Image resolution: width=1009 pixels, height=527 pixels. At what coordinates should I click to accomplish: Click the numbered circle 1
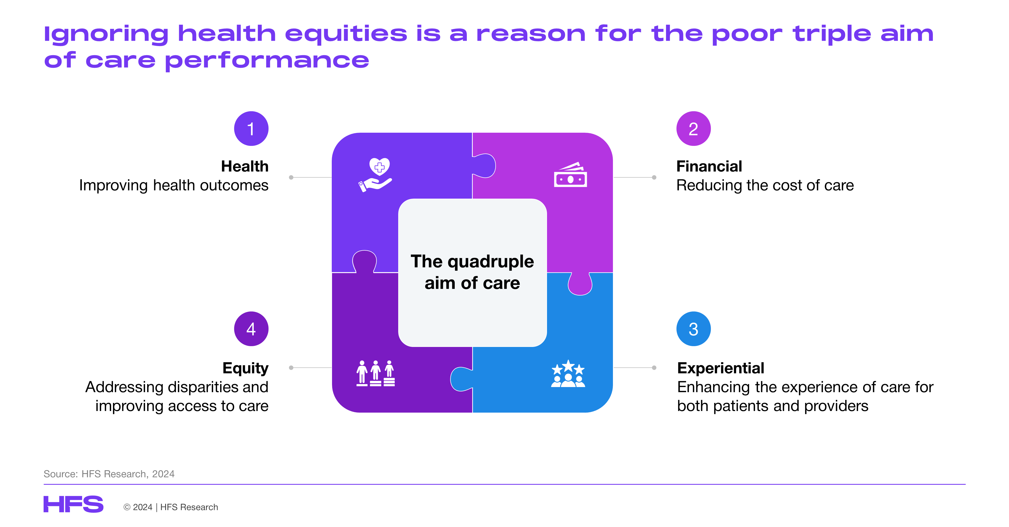coord(251,128)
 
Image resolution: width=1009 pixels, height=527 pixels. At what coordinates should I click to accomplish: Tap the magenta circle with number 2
coord(693,128)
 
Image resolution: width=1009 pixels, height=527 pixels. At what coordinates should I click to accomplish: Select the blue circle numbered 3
coord(693,329)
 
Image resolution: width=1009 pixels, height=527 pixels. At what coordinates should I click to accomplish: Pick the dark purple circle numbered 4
coord(251,329)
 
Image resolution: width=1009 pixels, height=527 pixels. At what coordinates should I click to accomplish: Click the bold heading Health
coord(245,166)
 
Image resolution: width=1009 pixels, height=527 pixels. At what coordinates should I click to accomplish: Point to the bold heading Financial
coord(709,166)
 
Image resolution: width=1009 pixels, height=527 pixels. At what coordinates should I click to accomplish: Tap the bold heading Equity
coord(246,368)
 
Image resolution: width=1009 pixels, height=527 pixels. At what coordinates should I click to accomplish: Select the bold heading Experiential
coord(721,368)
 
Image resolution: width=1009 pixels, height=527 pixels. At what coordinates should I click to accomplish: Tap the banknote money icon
coord(570,175)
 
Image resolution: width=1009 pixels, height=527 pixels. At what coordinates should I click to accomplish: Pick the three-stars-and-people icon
coord(568,374)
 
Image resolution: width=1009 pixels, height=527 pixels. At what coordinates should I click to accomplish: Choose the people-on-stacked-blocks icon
coord(376,373)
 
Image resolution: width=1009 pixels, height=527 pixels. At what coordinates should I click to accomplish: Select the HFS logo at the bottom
coord(73,504)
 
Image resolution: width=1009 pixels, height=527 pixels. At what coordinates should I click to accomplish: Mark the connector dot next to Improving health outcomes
coord(291,177)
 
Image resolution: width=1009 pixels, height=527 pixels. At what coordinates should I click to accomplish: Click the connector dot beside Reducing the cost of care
coord(654,177)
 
